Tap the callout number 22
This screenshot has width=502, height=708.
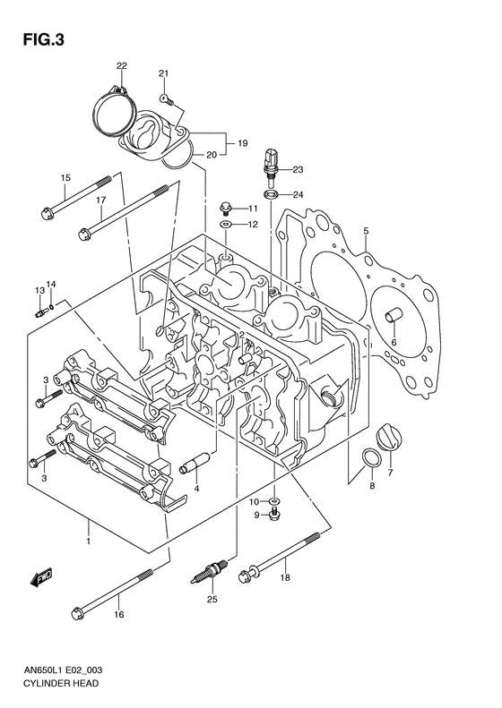(121, 66)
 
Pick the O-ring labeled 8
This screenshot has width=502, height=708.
(369, 462)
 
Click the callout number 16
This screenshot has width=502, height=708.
(119, 615)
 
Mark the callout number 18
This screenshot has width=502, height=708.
(285, 579)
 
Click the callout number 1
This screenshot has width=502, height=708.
(88, 542)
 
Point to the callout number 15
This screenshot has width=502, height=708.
(65, 178)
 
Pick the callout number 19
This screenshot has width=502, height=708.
(241, 142)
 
